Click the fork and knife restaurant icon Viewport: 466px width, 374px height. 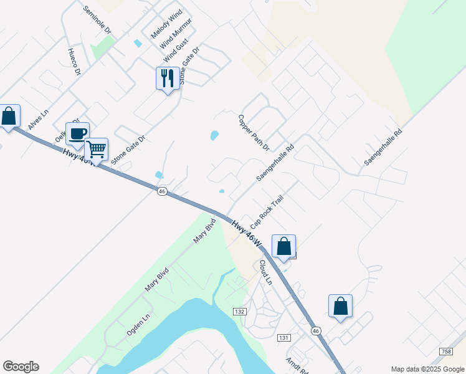click(167, 79)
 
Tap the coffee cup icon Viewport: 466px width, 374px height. click(78, 133)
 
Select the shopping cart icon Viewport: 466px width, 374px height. click(96, 150)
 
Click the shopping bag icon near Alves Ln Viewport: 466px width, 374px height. click(9, 116)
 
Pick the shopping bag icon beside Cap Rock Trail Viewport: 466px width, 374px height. click(284, 246)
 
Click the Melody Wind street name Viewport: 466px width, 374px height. click(166, 24)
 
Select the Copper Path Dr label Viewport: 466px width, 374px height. click(254, 132)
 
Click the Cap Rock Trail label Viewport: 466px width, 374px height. click(267, 212)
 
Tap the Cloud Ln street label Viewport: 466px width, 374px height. click(266, 272)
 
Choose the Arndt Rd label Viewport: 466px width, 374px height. click(297, 365)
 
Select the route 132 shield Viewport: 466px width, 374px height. click(240, 311)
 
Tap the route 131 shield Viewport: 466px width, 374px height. click(283, 337)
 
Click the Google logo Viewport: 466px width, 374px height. click(21, 367)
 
